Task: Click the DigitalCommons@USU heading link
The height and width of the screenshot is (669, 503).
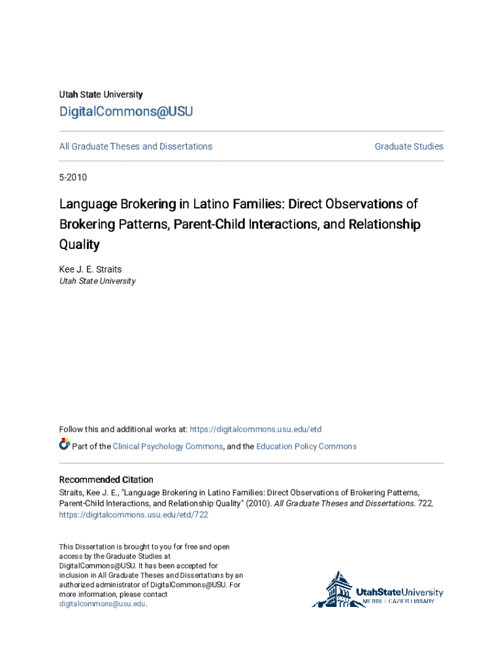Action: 126,112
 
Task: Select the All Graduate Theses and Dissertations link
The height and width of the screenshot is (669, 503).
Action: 136,146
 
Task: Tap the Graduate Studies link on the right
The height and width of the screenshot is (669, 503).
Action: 409,146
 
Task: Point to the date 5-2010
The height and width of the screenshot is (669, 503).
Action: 73,177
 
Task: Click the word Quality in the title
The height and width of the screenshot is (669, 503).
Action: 80,244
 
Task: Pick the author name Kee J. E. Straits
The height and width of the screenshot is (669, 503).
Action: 90,269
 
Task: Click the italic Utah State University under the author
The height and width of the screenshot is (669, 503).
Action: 97,281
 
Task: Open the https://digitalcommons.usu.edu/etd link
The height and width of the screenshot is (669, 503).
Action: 255,429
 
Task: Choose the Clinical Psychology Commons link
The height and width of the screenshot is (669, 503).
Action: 168,446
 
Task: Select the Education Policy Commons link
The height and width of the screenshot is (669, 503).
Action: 306,446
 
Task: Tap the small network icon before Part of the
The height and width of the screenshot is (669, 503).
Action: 65,444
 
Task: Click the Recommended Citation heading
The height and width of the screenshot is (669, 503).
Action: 106,480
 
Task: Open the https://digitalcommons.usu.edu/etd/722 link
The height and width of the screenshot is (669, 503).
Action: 134,515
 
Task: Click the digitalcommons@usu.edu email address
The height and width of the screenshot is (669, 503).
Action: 103,604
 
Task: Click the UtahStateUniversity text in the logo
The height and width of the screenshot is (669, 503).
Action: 399,592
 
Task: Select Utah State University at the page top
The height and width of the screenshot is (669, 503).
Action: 101,95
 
